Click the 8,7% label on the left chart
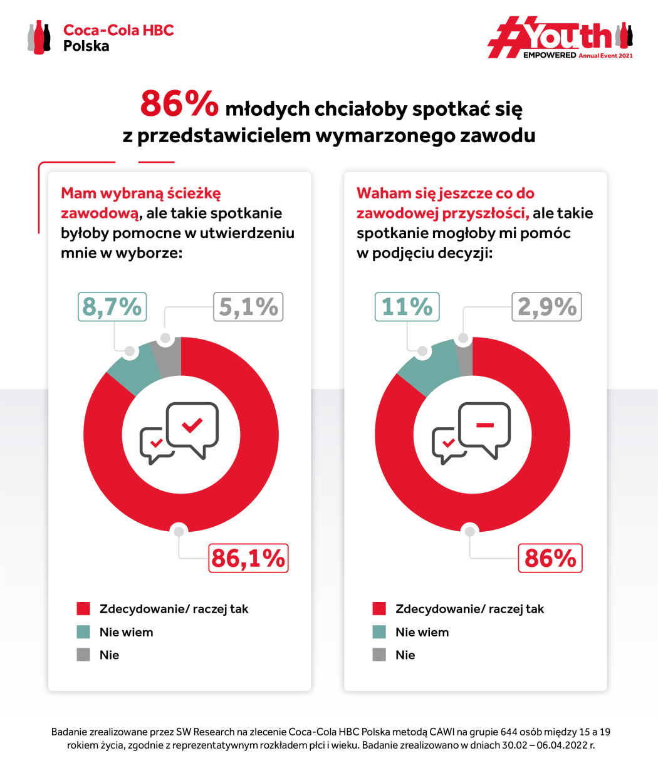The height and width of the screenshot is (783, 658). (x=112, y=307)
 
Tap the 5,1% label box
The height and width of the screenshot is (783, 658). (x=248, y=307)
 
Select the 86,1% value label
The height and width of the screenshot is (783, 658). (x=248, y=558)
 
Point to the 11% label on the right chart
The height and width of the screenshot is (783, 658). (x=407, y=307)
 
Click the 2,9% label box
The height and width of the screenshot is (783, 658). (x=546, y=307)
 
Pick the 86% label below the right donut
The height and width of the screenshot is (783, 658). (x=550, y=558)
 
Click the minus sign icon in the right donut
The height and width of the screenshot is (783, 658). (x=485, y=425)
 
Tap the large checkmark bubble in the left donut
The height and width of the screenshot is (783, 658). (x=192, y=426)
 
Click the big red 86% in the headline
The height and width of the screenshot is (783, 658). (x=179, y=104)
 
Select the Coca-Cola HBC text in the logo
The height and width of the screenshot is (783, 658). (x=118, y=30)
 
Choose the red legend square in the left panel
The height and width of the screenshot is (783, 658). (x=83, y=609)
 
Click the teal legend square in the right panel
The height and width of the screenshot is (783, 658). (x=379, y=632)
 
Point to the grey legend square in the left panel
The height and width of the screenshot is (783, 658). (x=83, y=655)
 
